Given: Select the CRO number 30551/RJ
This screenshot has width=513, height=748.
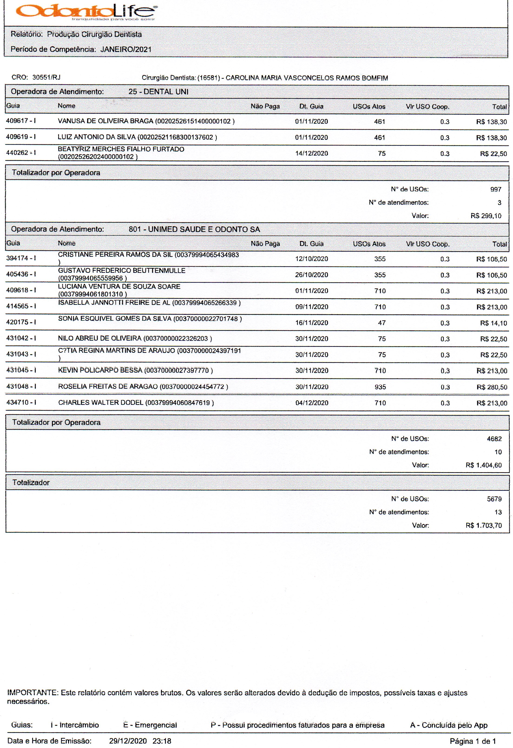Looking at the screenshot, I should pos(46,77).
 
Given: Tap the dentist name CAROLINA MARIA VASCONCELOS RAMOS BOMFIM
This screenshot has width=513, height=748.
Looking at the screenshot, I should pos(307,78).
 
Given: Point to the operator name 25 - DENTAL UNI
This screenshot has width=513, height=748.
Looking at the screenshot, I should pos(158,92).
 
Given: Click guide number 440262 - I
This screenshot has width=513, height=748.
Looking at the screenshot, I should pos(21,153).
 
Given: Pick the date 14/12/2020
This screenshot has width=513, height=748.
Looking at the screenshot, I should pos(311,153).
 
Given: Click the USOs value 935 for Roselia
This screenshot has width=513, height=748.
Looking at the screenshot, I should pos(380,387).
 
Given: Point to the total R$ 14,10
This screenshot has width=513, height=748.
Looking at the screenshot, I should pos(493,323).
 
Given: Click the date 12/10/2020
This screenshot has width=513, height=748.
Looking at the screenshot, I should pos(311,259).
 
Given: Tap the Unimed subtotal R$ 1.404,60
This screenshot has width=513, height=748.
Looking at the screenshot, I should pos(483,465).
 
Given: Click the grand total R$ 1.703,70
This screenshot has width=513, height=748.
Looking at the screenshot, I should pos(483,525).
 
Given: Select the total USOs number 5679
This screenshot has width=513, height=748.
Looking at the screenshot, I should pos(494,499).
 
